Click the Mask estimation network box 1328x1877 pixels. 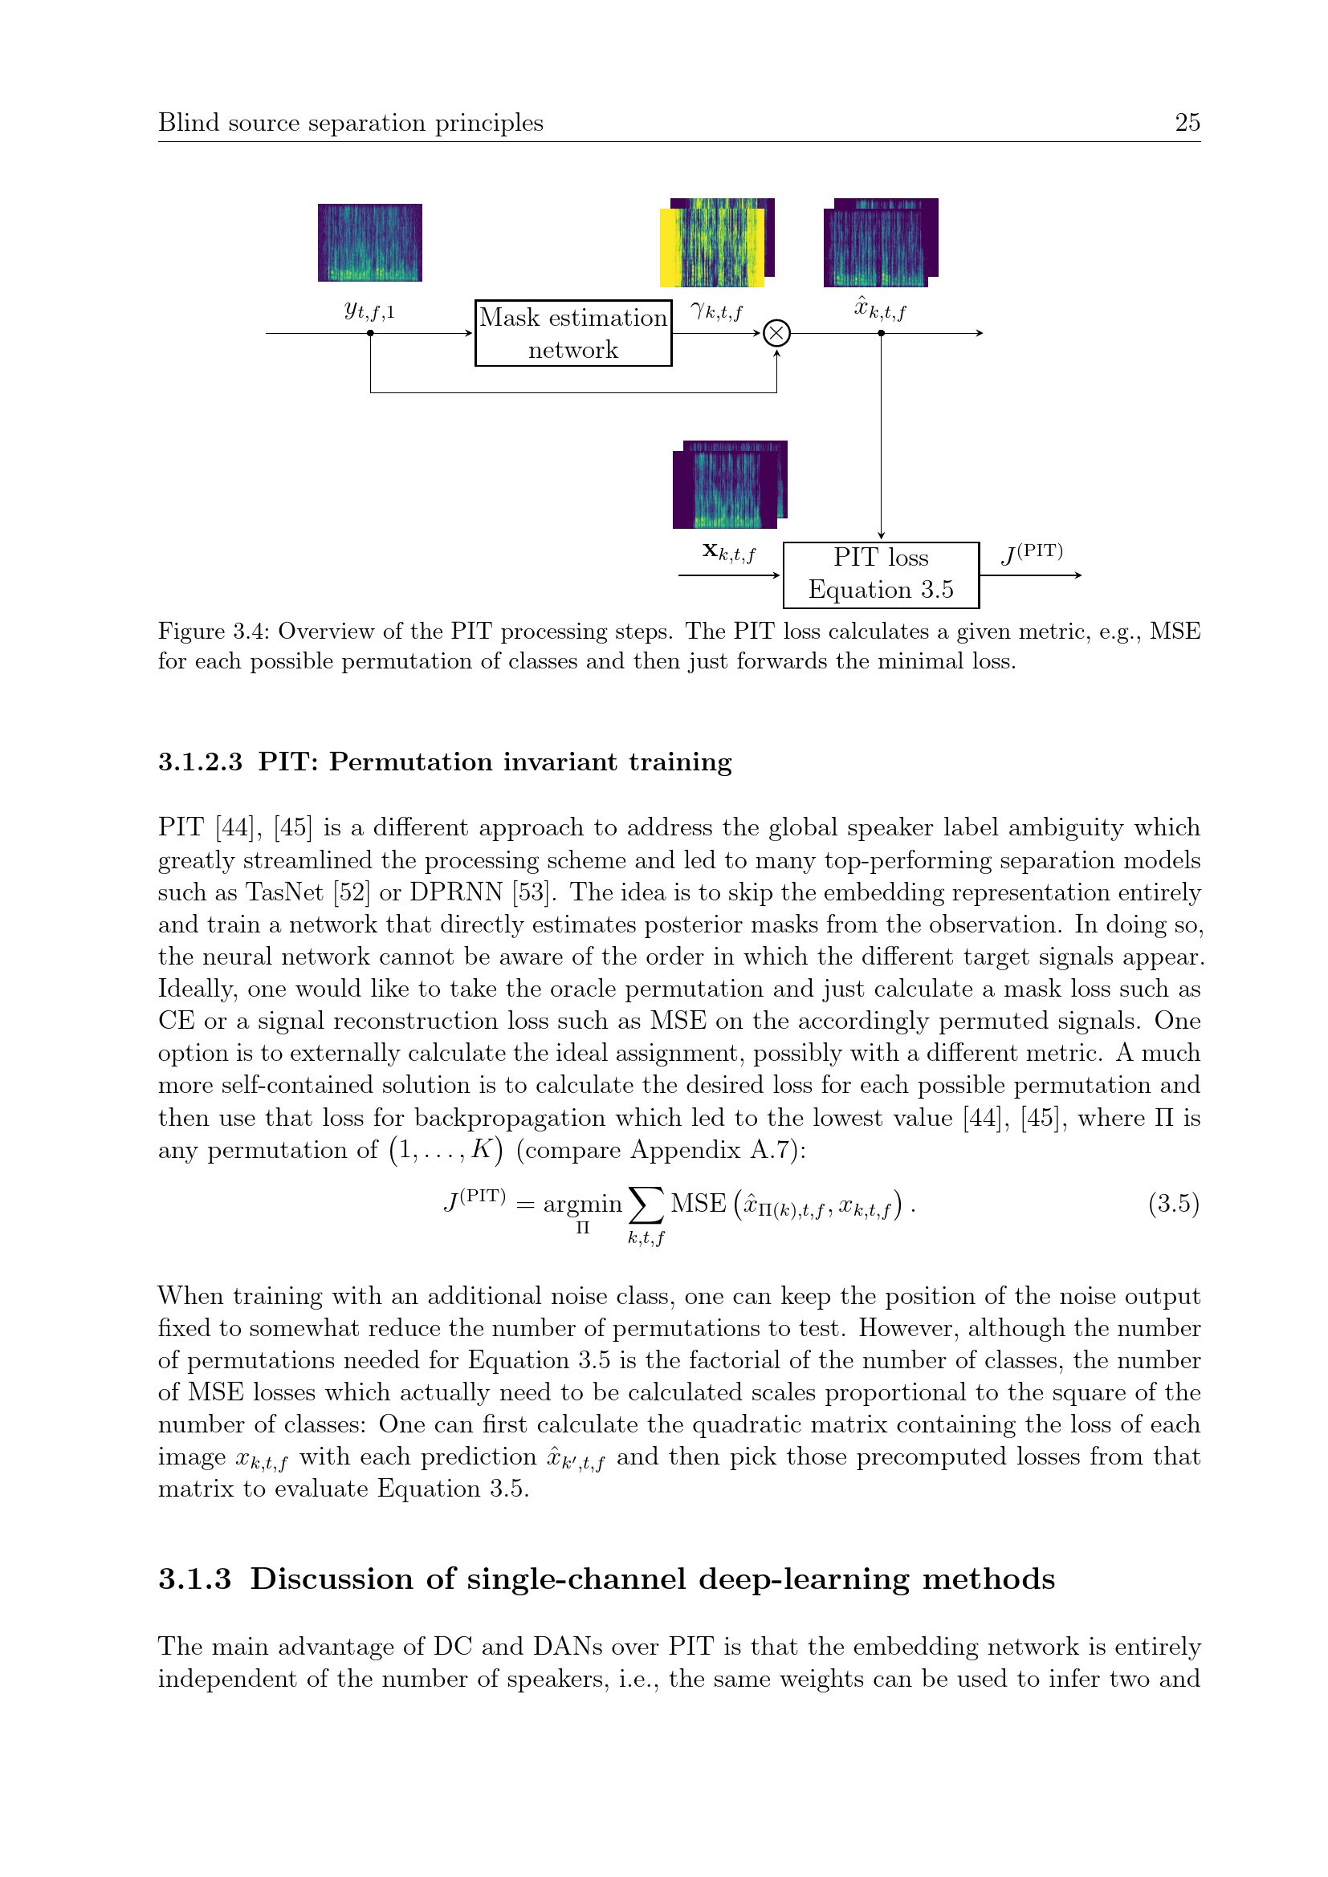[572, 333]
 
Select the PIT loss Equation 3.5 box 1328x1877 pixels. [881, 575]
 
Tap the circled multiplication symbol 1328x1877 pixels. [776, 333]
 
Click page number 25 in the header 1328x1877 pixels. [1187, 123]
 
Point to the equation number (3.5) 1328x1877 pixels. [1174, 1204]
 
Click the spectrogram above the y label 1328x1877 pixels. [369, 243]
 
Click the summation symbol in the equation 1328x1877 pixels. [646, 1205]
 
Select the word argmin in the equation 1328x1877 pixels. [582, 1205]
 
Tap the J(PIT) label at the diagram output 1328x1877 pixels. [1032, 554]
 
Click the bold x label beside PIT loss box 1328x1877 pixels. [728, 554]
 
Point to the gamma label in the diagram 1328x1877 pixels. [716, 311]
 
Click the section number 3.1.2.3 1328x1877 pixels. [201, 762]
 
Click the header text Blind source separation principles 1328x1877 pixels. [350, 123]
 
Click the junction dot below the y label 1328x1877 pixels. [370, 333]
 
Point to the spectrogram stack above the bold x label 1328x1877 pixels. [727, 485]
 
